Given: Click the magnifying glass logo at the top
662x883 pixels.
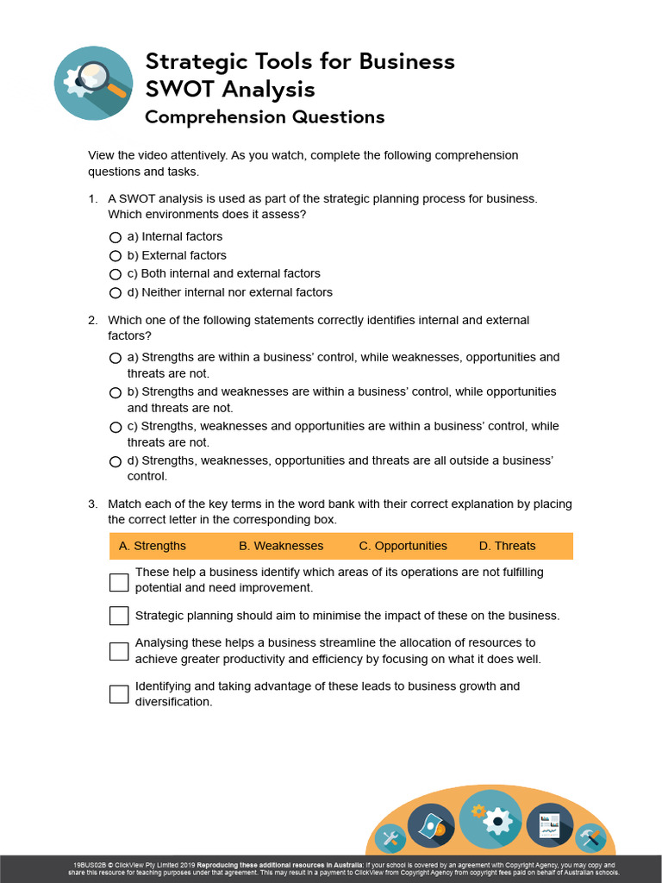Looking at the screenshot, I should point(92,84).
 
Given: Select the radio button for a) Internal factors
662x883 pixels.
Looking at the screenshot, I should point(116,237).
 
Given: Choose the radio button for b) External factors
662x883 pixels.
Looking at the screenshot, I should point(116,256).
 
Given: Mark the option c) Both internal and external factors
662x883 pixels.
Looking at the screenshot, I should point(116,274).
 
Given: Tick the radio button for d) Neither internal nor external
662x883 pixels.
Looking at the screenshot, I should point(116,293).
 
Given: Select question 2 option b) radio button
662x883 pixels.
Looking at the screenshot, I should point(116,392).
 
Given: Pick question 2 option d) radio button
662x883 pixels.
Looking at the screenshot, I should point(116,461).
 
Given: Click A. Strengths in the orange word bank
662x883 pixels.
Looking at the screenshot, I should point(153,546).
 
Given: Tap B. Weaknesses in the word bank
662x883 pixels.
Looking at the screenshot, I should point(281,546).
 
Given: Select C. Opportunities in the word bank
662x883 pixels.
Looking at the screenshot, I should point(403,546).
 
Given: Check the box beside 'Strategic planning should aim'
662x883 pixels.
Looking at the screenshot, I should point(119,616).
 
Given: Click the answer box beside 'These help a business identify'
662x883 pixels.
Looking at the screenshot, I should point(119,582).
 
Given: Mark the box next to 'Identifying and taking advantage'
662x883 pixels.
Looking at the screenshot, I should point(119,694).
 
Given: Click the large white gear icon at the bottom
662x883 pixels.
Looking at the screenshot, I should point(490,819).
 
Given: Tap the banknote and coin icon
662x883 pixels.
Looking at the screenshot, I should point(431,828).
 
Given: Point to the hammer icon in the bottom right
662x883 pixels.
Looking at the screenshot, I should point(591,837).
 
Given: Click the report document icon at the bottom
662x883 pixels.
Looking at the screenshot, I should point(549,825).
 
